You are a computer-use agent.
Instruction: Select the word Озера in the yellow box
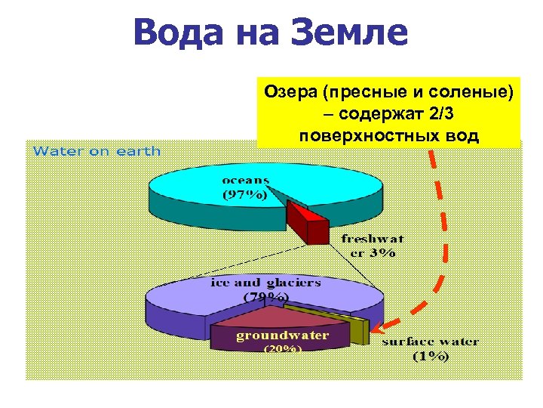[290, 93]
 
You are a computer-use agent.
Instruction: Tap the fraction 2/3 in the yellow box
[438, 114]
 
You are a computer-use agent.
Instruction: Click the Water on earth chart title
[97, 150]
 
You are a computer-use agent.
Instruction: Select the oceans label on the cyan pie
[246, 181]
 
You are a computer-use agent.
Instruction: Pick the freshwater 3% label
[370, 246]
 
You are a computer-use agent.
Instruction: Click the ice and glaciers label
[265, 283]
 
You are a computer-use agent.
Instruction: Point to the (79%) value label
[265, 297]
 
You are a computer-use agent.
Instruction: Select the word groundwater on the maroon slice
[283, 335]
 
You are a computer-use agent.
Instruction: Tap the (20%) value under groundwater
[283, 349]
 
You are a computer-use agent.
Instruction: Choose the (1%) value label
[431, 356]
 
